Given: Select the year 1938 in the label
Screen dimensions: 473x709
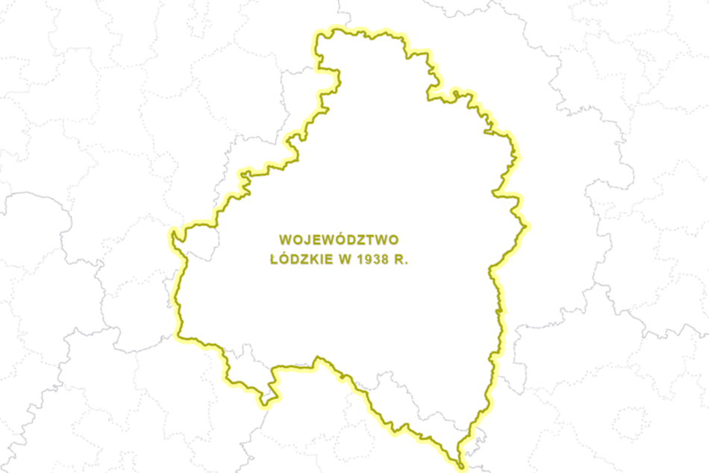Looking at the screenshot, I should point(371,261).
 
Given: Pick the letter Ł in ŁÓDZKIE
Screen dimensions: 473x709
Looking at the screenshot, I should point(273,261).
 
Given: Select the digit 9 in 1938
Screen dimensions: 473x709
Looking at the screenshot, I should point(367,261).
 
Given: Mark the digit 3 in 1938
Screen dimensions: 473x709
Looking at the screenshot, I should point(375,261).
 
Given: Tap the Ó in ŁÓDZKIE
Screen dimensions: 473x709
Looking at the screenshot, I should point(282,260).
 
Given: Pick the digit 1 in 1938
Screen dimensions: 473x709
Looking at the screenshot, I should point(359,261).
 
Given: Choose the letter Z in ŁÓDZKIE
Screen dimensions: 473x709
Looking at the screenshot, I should point(300,261).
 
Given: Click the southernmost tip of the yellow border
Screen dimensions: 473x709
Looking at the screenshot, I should point(462,468).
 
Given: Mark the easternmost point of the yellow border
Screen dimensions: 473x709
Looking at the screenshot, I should point(528,225).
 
